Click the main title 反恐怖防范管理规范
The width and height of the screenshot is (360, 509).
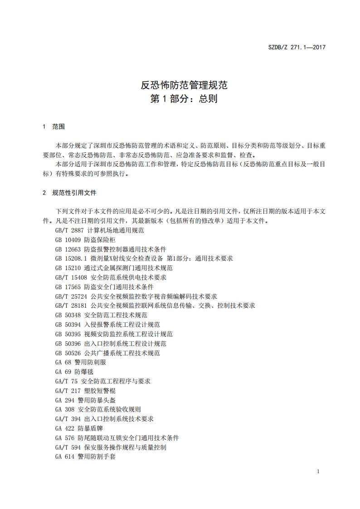coord(184,84)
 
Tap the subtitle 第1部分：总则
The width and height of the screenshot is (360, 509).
coord(184,99)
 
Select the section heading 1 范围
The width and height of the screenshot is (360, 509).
coord(54,126)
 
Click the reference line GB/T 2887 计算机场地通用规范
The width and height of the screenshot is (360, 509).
coord(100,230)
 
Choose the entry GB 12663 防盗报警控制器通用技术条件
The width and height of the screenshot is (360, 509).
coord(111,249)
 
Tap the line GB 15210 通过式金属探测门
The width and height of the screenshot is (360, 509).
coord(114,268)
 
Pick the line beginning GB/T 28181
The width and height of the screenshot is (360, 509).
coord(155,305)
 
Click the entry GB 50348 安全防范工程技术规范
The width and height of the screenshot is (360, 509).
coord(101,315)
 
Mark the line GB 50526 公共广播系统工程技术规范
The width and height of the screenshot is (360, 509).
coord(107,353)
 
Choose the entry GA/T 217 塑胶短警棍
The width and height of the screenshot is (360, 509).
coord(85,391)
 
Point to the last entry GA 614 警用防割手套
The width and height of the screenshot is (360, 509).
coord(85,456)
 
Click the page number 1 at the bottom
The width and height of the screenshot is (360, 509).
coord(318,472)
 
